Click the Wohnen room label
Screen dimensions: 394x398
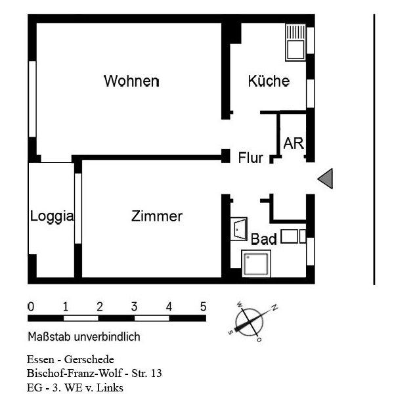tap(131, 81)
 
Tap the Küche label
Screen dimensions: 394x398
tap(269, 81)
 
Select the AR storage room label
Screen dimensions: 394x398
tap(294, 143)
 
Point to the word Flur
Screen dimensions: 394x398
tap(250, 158)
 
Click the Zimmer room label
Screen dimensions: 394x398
tap(156, 216)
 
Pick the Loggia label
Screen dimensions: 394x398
tap(52, 216)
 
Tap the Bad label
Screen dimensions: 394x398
tap(264, 240)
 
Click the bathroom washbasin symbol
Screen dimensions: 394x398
tap(238, 228)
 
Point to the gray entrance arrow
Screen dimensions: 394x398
tap(326, 179)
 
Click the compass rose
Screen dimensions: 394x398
tap(250, 322)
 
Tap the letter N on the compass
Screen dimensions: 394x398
tap(274, 307)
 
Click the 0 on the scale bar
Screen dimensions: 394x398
tap(31, 307)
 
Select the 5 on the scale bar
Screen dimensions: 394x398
tap(203, 307)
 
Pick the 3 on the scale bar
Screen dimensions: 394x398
tap(134, 307)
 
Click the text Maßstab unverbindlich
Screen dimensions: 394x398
tap(84, 337)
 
